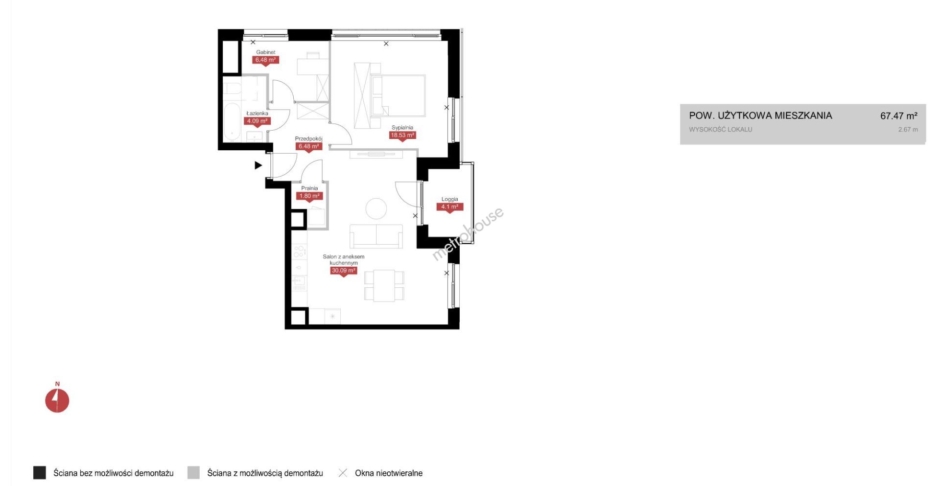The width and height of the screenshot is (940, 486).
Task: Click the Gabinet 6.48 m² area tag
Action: click(265, 60)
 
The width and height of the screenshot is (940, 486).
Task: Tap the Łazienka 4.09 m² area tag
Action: click(257, 121)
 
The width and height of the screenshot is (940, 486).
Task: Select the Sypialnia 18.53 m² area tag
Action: click(402, 136)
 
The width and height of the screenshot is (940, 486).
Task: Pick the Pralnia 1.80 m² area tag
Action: click(309, 196)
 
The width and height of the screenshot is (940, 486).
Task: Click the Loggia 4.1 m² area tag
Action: click(450, 207)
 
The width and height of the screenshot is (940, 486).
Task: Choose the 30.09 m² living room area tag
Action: click(344, 271)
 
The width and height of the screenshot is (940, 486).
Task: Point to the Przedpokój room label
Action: click(308, 139)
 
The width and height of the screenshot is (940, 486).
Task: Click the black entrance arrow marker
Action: click(258, 165)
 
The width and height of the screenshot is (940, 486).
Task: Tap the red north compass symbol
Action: click(57, 400)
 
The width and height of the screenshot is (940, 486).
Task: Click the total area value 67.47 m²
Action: click(899, 116)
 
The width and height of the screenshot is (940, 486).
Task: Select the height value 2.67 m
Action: click(908, 130)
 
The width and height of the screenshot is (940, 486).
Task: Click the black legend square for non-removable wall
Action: click(40, 473)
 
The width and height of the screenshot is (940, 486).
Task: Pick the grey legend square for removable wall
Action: click(194, 473)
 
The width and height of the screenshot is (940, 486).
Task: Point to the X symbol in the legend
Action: click(343, 473)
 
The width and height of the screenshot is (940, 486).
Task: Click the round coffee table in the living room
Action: click(376, 208)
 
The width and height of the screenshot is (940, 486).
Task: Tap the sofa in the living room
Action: click(376, 236)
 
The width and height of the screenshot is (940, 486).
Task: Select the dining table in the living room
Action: click(384, 285)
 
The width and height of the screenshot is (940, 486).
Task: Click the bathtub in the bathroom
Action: click(232, 121)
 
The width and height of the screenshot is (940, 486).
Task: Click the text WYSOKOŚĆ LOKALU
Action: click(721, 130)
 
